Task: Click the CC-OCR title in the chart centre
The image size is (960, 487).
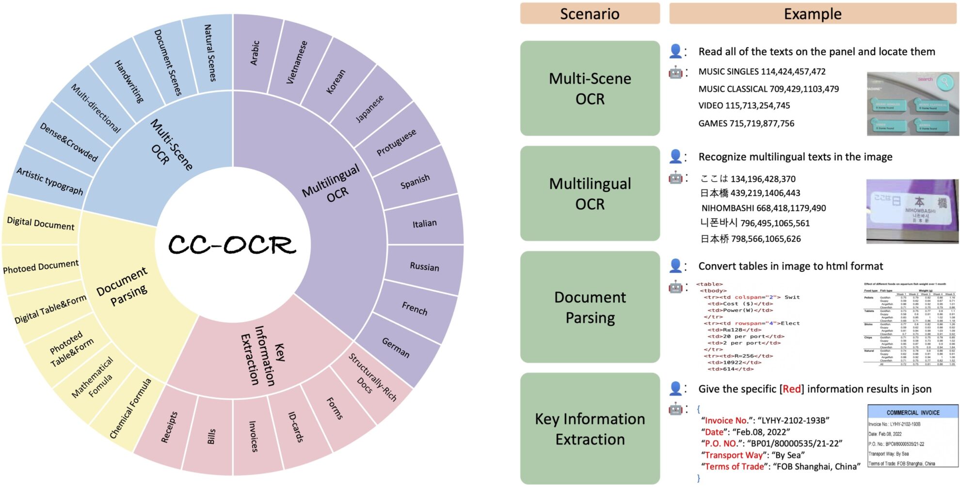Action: (232, 245)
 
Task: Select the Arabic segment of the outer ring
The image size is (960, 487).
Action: (255, 53)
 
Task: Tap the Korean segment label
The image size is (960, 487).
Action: (336, 81)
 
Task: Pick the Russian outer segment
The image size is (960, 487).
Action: (424, 267)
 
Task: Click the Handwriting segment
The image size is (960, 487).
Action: (129, 81)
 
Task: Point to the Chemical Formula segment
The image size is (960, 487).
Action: (130, 408)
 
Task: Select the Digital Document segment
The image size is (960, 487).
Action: (41, 223)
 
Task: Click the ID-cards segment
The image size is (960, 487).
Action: (296, 427)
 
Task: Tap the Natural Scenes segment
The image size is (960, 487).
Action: (210, 53)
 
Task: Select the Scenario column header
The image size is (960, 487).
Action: (590, 14)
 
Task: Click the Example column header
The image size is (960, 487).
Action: (813, 14)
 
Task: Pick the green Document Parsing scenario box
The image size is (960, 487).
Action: (590, 307)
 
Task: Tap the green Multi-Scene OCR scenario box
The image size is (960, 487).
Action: (590, 89)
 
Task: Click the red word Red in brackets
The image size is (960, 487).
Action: (792, 389)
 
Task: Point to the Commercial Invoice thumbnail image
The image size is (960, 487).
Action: (912, 437)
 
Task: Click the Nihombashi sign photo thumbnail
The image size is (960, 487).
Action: (912, 211)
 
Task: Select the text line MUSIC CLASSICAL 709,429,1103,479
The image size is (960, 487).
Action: (768, 89)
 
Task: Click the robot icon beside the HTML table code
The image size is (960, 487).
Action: (675, 286)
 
